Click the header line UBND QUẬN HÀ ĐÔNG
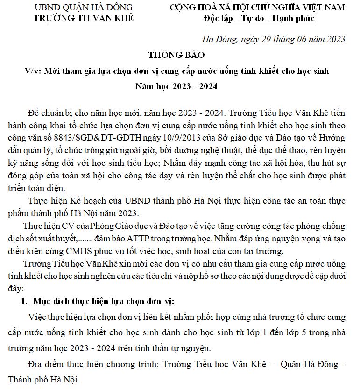click(84, 7)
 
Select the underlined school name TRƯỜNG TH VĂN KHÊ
click(84, 18)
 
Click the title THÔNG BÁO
click(176, 55)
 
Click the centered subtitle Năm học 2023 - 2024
click(176, 86)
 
